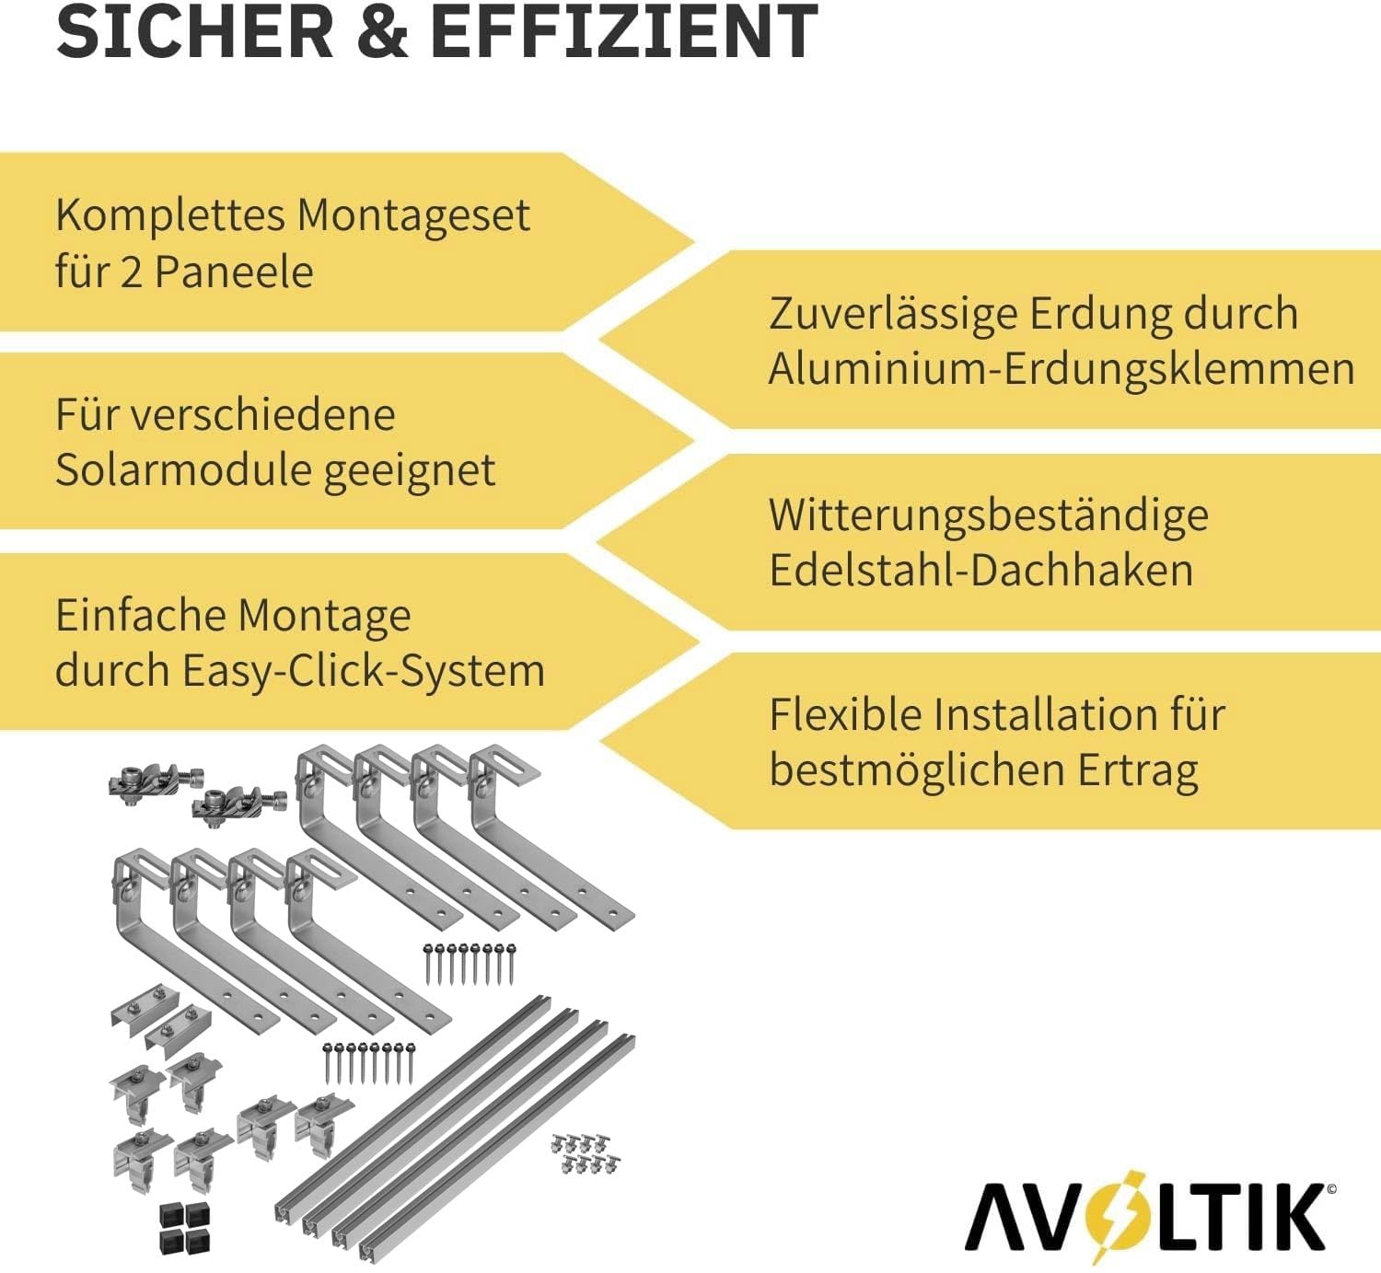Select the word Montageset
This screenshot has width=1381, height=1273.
[412, 215]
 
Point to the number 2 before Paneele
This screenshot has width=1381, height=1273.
[131, 272]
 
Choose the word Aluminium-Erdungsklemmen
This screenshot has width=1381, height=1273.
[1061, 369]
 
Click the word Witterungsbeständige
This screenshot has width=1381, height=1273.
[988, 515]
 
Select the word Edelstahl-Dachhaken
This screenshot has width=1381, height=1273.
[981, 570]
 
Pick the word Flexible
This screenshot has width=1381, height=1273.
[844, 714]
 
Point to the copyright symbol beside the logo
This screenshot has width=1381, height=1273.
[1331, 1190]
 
